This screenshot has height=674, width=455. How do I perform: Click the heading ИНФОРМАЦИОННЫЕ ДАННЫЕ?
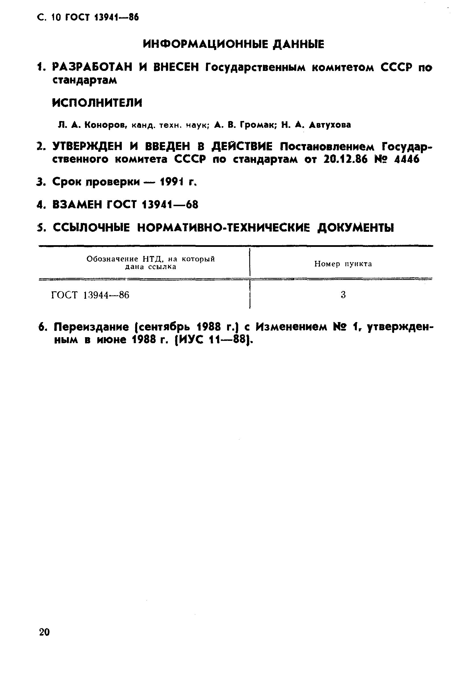pyautogui.click(x=234, y=44)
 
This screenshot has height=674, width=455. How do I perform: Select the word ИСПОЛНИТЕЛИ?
pyautogui.click(x=97, y=103)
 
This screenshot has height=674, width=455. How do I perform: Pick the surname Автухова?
pyautogui.click(x=330, y=125)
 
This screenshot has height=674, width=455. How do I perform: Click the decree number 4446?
pyautogui.click(x=407, y=159)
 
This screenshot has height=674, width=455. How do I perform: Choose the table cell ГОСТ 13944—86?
pyautogui.click(x=90, y=295)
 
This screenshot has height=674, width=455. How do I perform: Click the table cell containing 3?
pyautogui.click(x=343, y=295)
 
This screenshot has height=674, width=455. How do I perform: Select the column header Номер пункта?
pyautogui.click(x=343, y=264)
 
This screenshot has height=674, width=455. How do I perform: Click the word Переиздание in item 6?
pyautogui.click(x=91, y=327)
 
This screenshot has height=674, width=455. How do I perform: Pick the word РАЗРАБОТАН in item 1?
pyautogui.click(x=92, y=67)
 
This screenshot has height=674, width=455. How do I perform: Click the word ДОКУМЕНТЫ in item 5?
pyautogui.click(x=356, y=228)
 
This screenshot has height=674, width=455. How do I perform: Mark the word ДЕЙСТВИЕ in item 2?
pyautogui.click(x=242, y=147)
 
